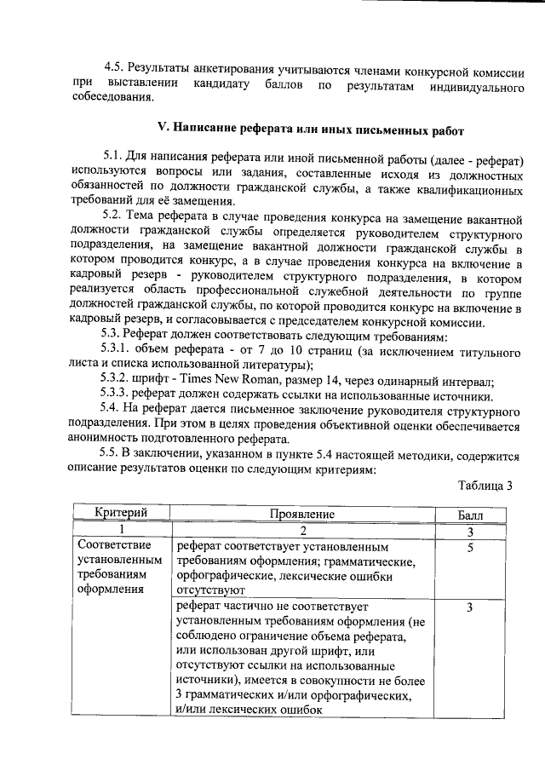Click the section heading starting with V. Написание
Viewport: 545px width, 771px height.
pos(312,129)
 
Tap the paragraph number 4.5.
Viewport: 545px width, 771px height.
pos(114,66)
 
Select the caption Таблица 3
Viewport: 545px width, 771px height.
pos(485,486)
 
